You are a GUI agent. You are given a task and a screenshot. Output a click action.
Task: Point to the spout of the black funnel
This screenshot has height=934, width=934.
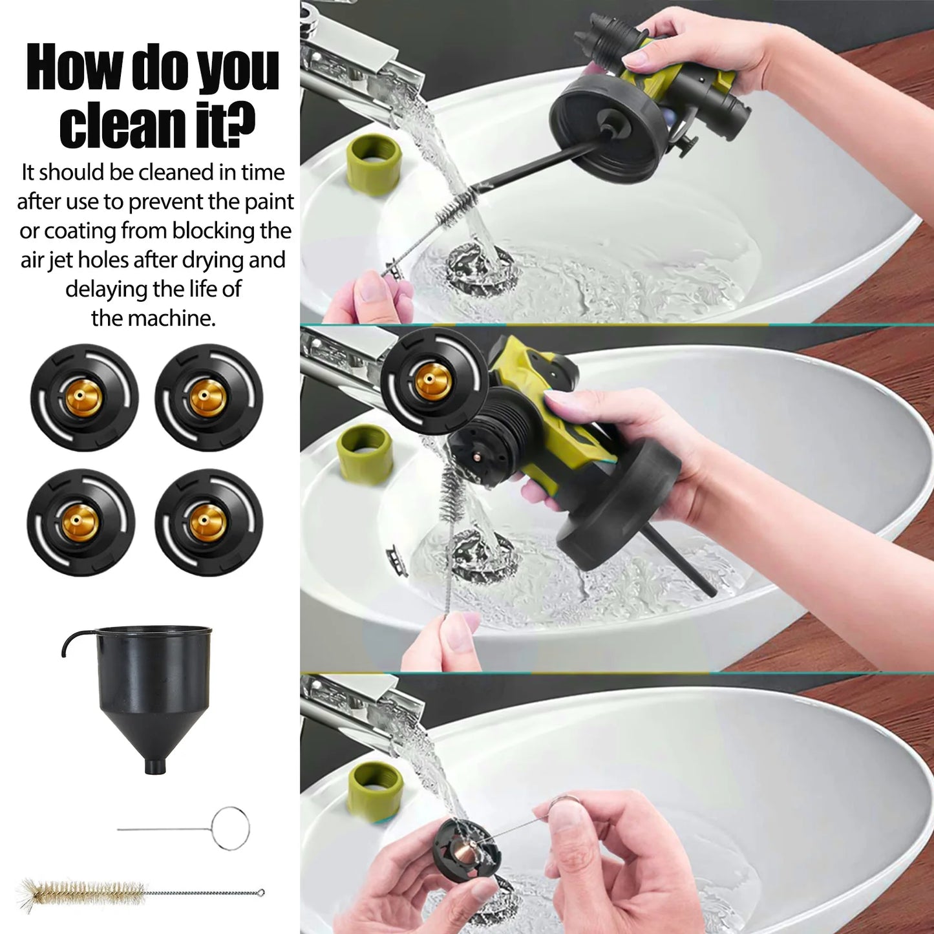click(x=154, y=766)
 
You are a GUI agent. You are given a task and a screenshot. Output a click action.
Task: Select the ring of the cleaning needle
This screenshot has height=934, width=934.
click(x=230, y=828)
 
